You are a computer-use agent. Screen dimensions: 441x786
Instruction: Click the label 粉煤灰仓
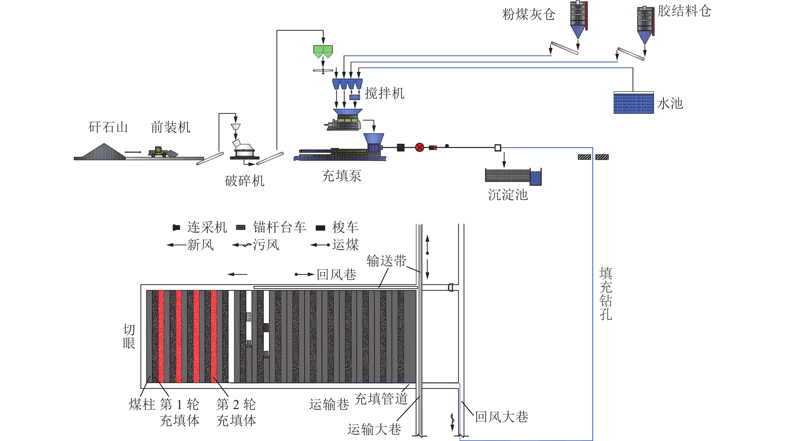(x=528, y=14)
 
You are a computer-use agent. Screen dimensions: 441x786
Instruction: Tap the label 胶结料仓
(x=684, y=11)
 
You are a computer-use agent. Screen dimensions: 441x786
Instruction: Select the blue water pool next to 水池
(x=634, y=103)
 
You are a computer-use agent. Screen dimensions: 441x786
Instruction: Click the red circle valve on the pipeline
(x=419, y=148)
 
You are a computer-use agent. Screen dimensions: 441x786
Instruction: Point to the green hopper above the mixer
(x=323, y=51)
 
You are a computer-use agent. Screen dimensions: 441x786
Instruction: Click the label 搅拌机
(x=385, y=93)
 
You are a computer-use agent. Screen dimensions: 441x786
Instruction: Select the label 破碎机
(x=244, y=181)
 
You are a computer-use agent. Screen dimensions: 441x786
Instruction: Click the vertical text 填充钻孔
(x=606, y=294)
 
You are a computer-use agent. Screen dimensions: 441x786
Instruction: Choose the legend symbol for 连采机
(x=176, y=227)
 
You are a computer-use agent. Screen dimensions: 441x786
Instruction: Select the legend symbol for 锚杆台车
(x=241, y=227)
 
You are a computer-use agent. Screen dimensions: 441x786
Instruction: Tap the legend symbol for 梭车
(x=320, y=228)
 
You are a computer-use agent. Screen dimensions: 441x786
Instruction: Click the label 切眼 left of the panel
(x=129, y=337)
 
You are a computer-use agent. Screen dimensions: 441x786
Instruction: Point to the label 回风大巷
(x=502, y=417)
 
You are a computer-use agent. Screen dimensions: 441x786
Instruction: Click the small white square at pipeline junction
(x=498, y=148)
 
